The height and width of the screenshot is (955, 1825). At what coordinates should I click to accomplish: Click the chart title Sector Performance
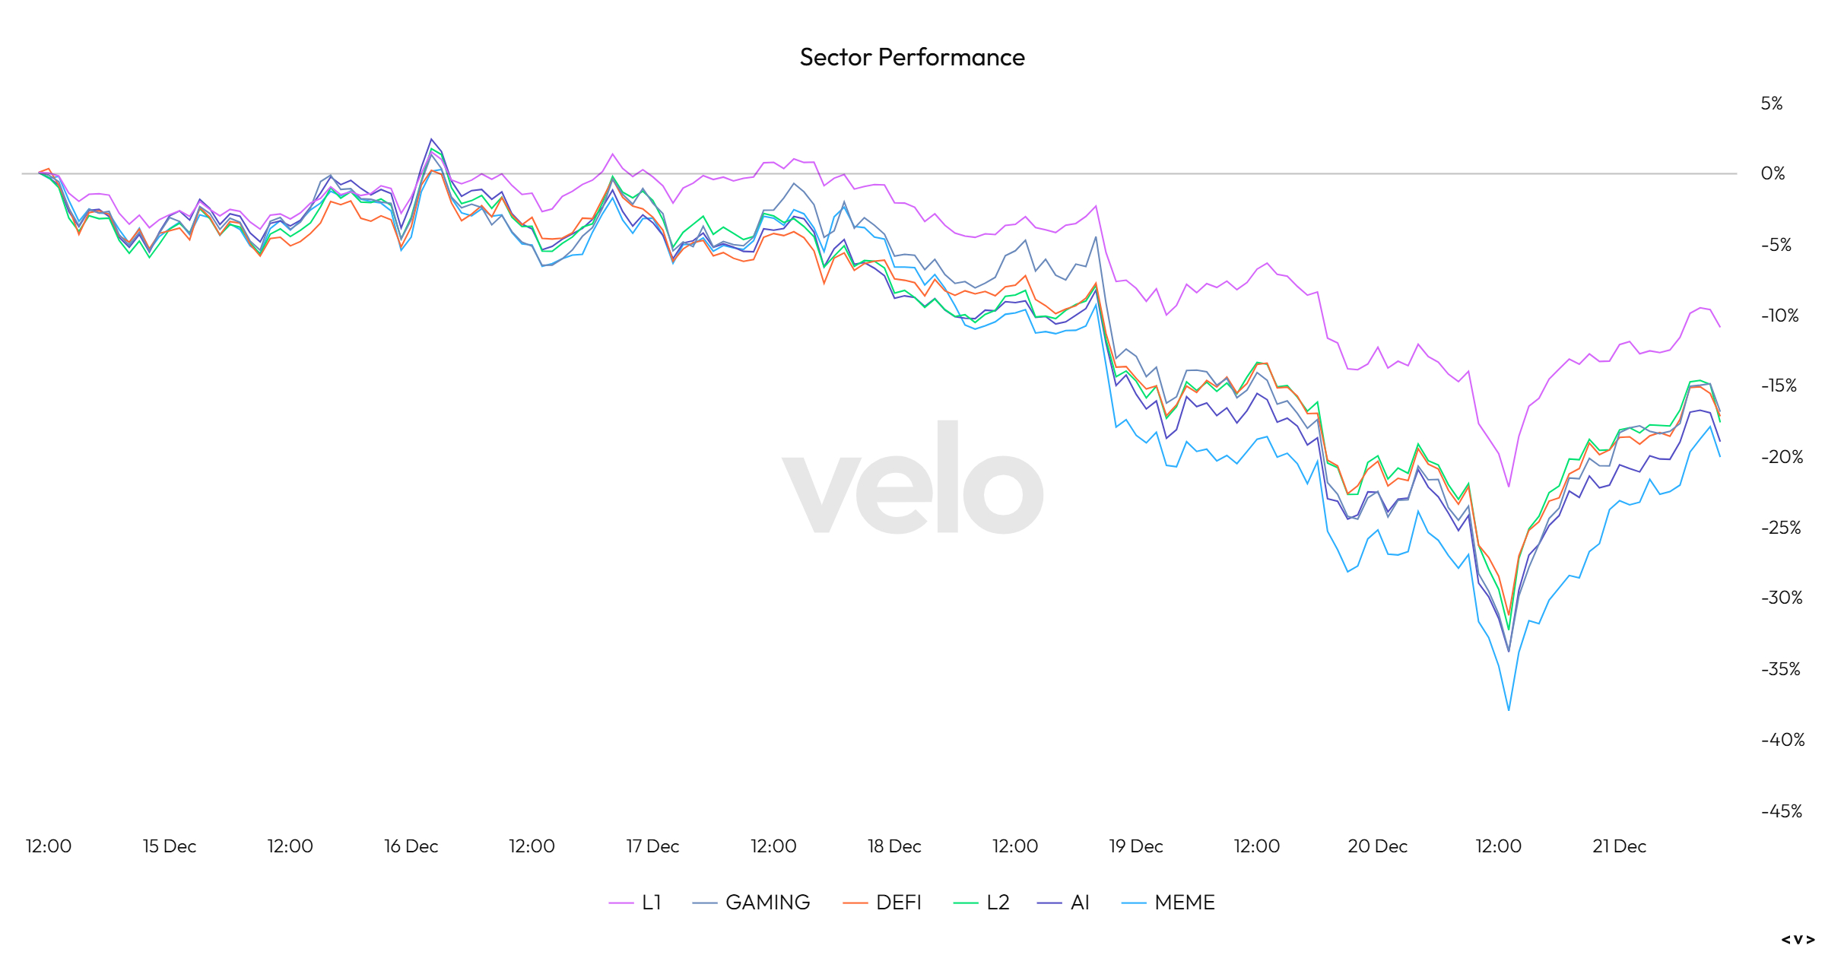(912, 57)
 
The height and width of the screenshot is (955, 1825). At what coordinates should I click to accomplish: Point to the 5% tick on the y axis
(1772, 103)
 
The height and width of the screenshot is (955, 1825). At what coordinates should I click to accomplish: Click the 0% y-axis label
(1773, 173)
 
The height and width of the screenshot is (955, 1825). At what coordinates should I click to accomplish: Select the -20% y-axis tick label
(1782, 457)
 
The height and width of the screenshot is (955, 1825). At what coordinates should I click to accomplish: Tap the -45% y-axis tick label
(1782, 811)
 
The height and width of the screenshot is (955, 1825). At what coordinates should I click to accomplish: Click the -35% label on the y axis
(1781, 669)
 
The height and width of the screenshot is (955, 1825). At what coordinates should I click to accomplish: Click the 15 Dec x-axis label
(170, 846)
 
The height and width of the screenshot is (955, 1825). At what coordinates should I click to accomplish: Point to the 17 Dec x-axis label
(652, 846)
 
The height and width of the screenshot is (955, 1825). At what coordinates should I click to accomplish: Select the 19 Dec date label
(1136, 846)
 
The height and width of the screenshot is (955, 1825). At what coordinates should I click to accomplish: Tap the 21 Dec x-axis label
(1619, 846)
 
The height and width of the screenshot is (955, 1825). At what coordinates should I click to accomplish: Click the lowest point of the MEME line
(1509, 710)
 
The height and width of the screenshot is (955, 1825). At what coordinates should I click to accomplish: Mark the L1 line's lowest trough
(1509, 487)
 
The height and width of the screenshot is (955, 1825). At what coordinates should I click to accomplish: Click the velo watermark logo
(912, 477)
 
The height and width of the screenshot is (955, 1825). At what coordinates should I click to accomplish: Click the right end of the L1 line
(1720, 327)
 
